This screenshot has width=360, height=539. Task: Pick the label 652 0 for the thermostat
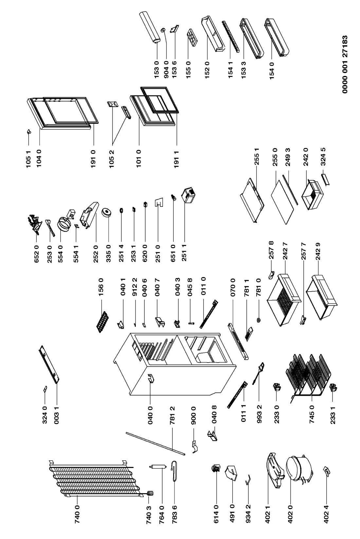tap(37, 253)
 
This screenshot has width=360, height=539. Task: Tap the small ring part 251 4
tap(122, 210)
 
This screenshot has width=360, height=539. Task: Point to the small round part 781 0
tap(259, 320)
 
